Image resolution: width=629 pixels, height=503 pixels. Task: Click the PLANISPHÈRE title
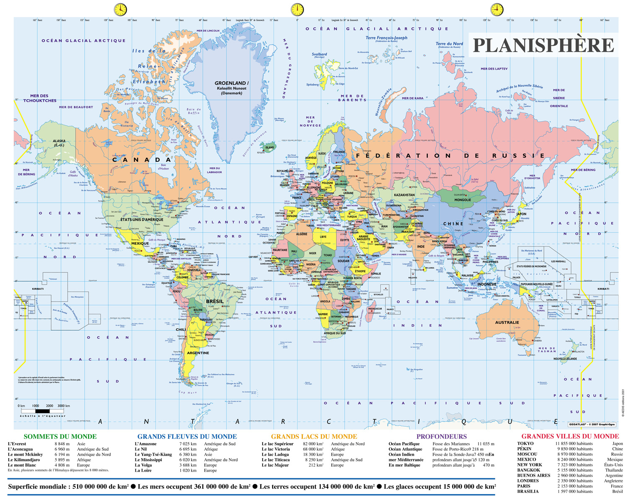543,45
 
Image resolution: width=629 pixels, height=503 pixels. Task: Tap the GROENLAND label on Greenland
231,83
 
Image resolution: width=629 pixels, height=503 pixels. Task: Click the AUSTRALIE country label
507,322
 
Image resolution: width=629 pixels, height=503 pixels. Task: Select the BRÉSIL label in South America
215,301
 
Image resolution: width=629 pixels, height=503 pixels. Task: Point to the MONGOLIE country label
463,200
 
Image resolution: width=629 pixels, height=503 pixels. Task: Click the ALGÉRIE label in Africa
302,234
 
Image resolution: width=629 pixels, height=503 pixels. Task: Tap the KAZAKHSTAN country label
404,195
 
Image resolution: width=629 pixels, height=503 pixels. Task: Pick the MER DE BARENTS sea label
352,98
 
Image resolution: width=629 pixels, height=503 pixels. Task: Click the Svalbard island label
319,54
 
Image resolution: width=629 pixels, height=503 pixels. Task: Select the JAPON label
521,214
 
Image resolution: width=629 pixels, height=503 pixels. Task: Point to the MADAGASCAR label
375,309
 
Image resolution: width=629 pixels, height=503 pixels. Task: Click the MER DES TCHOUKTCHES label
40,98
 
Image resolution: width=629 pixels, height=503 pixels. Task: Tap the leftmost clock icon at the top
120,9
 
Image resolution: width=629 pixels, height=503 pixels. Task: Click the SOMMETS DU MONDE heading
60,436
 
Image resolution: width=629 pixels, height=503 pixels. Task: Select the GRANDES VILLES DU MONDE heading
570,436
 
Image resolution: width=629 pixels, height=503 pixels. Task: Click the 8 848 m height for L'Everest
62,444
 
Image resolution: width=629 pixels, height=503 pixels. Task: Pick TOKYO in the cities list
525,443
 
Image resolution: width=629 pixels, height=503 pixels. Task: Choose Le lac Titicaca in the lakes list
276,460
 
